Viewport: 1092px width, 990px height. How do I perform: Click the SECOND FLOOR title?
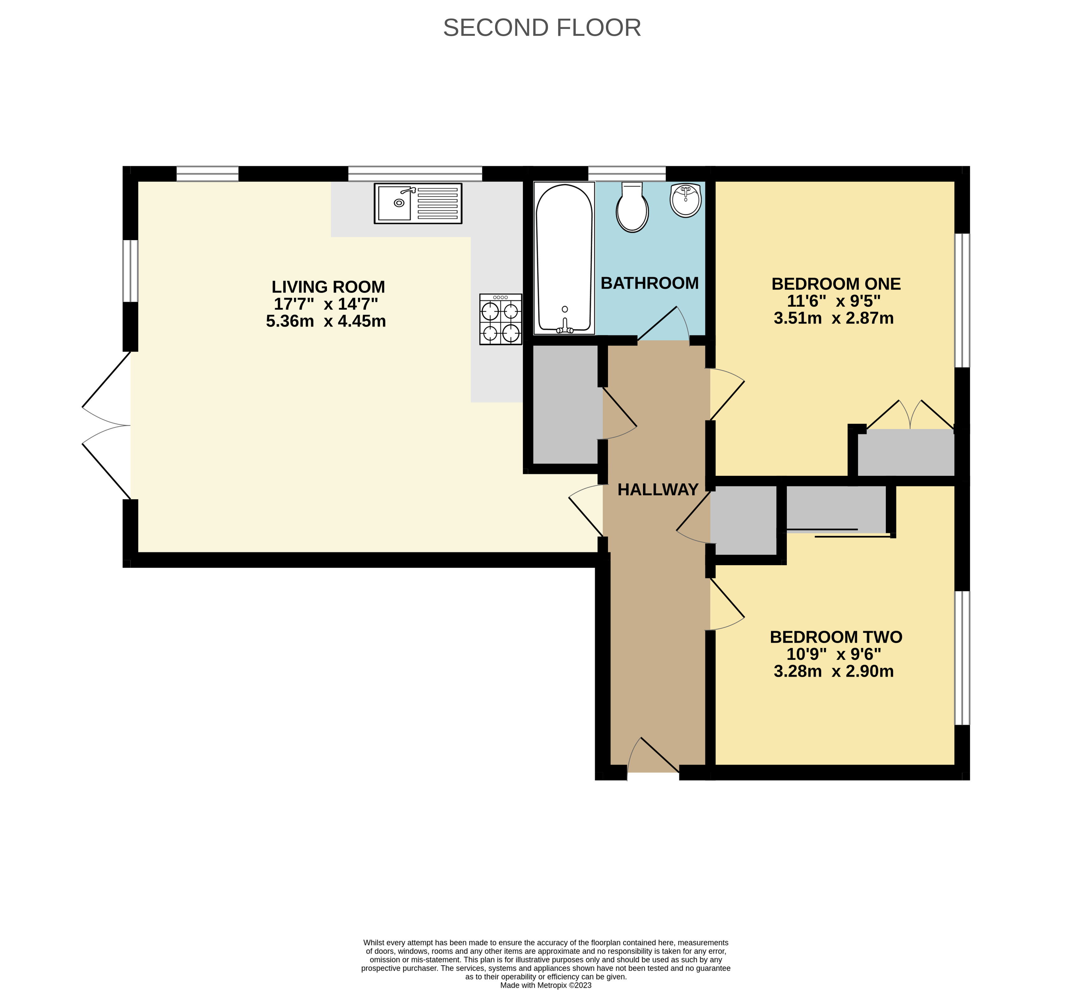pos(542,28)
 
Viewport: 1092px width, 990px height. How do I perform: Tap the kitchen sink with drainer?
pos(418,203)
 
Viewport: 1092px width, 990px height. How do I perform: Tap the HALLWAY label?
pos(658,490)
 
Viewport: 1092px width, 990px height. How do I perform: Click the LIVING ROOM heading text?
pos(328,287)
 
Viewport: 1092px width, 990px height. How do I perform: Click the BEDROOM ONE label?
pos(836,284)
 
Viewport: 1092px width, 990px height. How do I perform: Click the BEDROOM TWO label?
pos(836,637)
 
